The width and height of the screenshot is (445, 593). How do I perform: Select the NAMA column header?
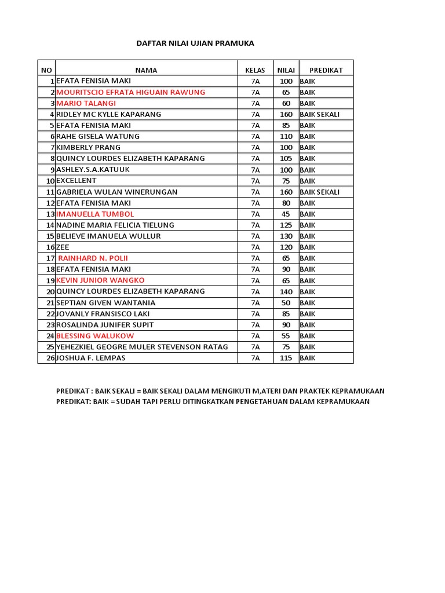tap(146, 70)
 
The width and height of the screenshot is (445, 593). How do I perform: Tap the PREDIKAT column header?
tap(326, 70)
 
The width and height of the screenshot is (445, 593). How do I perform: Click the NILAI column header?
tap(286, 70)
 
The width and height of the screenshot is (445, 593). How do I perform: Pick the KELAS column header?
tap(255, 70)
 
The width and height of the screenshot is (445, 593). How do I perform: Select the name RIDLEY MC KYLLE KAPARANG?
tap(109, 115)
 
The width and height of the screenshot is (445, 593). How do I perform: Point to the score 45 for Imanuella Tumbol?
tap(286, 214)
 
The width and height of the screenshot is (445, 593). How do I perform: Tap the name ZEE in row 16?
tap(63, 247)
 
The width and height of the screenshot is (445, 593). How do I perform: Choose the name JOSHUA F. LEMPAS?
tap(91, 358)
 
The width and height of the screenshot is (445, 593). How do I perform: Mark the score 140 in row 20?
tap(286, 292)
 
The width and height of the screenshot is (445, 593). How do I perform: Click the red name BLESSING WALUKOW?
tap(95, 336)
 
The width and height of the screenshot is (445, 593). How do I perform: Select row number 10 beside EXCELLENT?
tap(50, 181)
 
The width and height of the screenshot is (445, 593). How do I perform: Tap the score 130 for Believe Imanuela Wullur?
tap(286, 236)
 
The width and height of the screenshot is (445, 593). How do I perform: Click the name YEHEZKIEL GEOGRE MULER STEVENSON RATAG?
tap(142, 347)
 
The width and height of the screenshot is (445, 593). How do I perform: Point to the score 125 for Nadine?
tap(286, 225)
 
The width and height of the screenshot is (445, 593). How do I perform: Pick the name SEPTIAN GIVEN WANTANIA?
tap(105, 303)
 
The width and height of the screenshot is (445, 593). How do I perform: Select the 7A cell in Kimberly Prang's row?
tap(256, 148)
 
